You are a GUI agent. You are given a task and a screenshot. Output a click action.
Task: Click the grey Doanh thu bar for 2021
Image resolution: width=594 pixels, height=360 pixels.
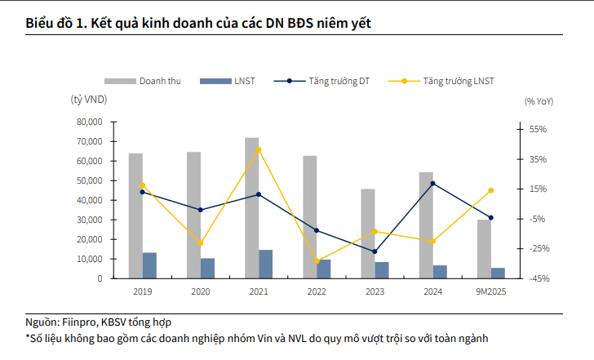pos(252,208)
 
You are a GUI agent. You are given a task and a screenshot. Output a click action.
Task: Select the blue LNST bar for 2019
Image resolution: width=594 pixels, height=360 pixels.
pos(149,265)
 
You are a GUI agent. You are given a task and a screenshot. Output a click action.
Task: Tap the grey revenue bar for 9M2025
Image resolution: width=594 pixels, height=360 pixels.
pos(485,249)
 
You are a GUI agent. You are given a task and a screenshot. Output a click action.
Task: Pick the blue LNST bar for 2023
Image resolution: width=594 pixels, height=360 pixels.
pos(382,270)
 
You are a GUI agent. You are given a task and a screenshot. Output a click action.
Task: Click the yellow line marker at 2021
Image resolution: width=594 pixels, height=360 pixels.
pos(259,149)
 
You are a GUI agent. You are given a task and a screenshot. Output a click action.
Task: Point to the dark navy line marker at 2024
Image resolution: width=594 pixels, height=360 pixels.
pos(432,184)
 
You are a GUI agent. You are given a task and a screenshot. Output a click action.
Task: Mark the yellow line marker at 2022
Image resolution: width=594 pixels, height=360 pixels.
pos(317,261)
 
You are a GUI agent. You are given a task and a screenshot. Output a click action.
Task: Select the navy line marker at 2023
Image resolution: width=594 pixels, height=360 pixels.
pos(375,251)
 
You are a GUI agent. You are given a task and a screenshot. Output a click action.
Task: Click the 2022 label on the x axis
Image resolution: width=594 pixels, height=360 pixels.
pos(317,291)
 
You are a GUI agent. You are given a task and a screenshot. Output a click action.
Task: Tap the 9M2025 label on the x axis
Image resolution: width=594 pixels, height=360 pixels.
pos(491,291)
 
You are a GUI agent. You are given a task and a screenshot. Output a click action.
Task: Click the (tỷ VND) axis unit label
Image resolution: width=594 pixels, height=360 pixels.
pos(89,100)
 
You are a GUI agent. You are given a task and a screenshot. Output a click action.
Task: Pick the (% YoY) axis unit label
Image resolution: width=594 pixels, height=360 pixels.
pos(538,100)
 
